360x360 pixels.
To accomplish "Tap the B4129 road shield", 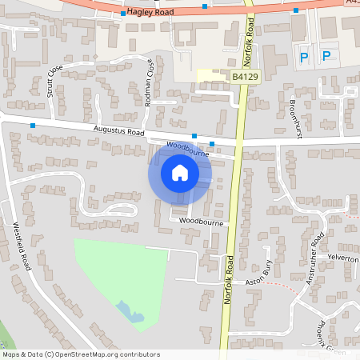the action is coord(245,77).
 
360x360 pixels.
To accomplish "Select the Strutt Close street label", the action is coord(54,80).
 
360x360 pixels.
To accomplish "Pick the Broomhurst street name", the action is coord(296,116).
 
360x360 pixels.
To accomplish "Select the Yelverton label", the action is coord(343,258).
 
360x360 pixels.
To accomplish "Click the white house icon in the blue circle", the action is coord(180,173).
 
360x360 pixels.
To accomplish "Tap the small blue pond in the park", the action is coord(126,310).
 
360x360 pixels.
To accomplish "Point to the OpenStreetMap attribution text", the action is coord(81,354).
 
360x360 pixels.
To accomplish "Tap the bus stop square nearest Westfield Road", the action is coord(33,126).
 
